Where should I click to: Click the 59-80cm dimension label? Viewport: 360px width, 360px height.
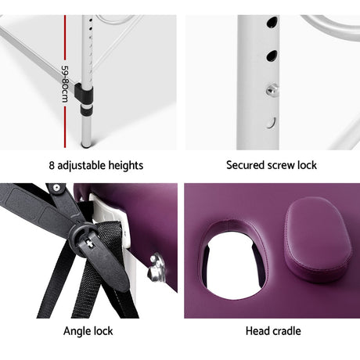(64, 84)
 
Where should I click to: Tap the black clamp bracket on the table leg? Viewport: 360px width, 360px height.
(84, 92)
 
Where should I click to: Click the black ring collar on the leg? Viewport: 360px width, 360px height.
(86, 110)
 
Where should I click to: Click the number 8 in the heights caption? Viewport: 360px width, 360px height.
(52, 166)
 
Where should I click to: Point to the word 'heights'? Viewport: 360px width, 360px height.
(126, 166)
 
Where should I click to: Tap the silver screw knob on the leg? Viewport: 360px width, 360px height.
(272, 89)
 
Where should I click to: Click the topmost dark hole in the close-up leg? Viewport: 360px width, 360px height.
(272, 23)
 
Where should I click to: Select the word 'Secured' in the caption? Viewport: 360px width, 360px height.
(244, 165)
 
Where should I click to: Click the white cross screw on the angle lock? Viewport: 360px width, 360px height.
(90, 243)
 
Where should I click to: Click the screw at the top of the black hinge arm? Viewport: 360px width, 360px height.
(56, 187)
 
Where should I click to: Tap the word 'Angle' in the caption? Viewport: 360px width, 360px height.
(74, 332)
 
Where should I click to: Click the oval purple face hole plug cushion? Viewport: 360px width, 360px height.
(318, 240)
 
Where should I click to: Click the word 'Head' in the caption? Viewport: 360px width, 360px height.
(257, 331)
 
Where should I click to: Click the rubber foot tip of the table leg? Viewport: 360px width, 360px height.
(85, 144)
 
